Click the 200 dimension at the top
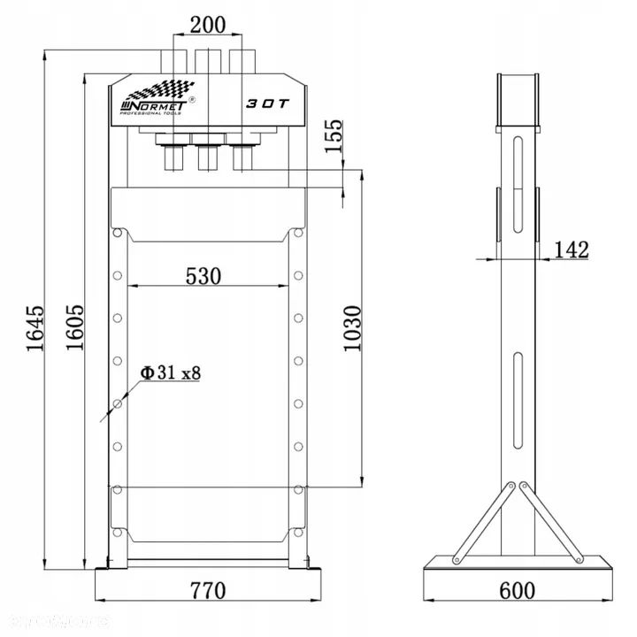208,25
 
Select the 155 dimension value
333,137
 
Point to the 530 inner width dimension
203,275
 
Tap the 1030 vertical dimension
352,329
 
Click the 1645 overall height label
35,329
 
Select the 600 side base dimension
518,589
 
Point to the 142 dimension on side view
571,249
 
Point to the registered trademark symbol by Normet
194,101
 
